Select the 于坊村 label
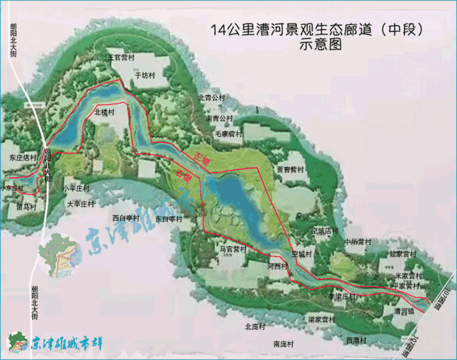click(x=145, y=74)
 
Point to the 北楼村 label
click(x=104, y=113)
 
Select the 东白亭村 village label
click(x=169, y=220)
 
